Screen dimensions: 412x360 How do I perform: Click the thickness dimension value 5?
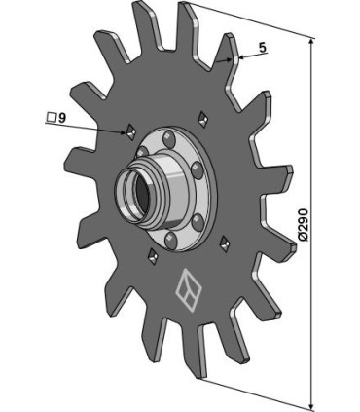pyautogui.click(x=262, y=46)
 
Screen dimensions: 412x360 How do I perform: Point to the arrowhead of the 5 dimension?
pyautogui.click(x=236, y=58)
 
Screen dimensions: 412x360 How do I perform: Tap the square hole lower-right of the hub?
pyautogui.click(x=225, y=240)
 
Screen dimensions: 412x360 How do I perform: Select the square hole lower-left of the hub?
pyautogui.click(x=152, y=257)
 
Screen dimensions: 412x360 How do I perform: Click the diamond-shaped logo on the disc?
pyautogui.click(x=185, y=287)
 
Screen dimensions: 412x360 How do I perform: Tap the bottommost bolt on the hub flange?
pyautogui.click(x=171, y=237)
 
